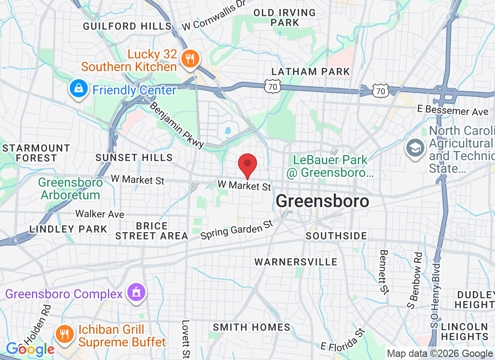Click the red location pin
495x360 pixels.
[247, 165]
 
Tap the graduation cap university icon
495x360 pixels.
[415, 148]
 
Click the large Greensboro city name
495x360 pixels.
[322, 201]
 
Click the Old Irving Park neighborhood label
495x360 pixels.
[285, 18]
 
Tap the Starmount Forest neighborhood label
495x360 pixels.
[36, 153]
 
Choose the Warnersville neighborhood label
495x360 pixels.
[296, 262]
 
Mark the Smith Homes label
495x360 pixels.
[252, 327]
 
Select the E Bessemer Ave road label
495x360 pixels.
[453, 111]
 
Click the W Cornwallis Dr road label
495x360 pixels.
[214, 17]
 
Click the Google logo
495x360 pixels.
[30, 349]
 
